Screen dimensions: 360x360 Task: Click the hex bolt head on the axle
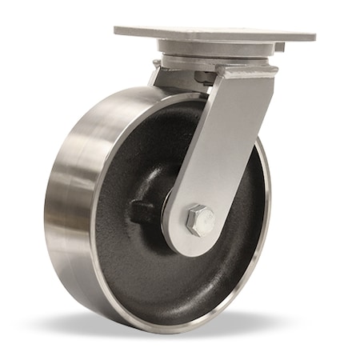[199, 219]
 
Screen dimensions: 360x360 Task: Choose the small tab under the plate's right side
[279, 47]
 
